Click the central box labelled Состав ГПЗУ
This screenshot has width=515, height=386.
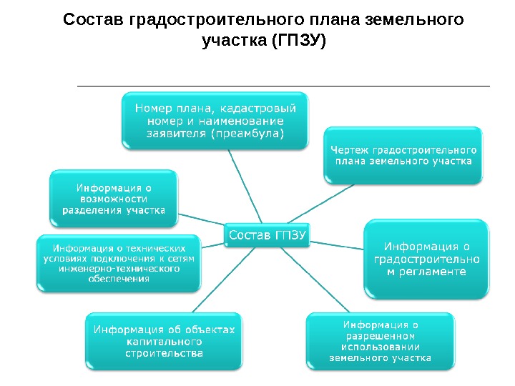pyautogui.click(x=268, y=234)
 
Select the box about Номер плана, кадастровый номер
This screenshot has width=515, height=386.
pyautogui.click(x=215, y=120)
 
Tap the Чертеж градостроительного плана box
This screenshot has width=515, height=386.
pyautogui.click(x=403, y=156)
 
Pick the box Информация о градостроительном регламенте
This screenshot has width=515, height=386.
pyautogui.click(x=427, y=259)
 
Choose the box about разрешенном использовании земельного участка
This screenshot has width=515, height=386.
pyautogui.click(x=380, y=341)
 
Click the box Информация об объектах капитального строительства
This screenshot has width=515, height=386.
pyautogui.click(x=164, y=341)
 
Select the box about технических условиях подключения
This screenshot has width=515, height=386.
pyautogui.click(x=119, y=263)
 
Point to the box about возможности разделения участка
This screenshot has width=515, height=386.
pyautogui.click(x=114, y=197)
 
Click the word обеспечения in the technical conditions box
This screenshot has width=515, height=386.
pyautogui.click(x=119, y=279)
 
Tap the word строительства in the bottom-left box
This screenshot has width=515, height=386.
pyautogui.click(x=164, y=353)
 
